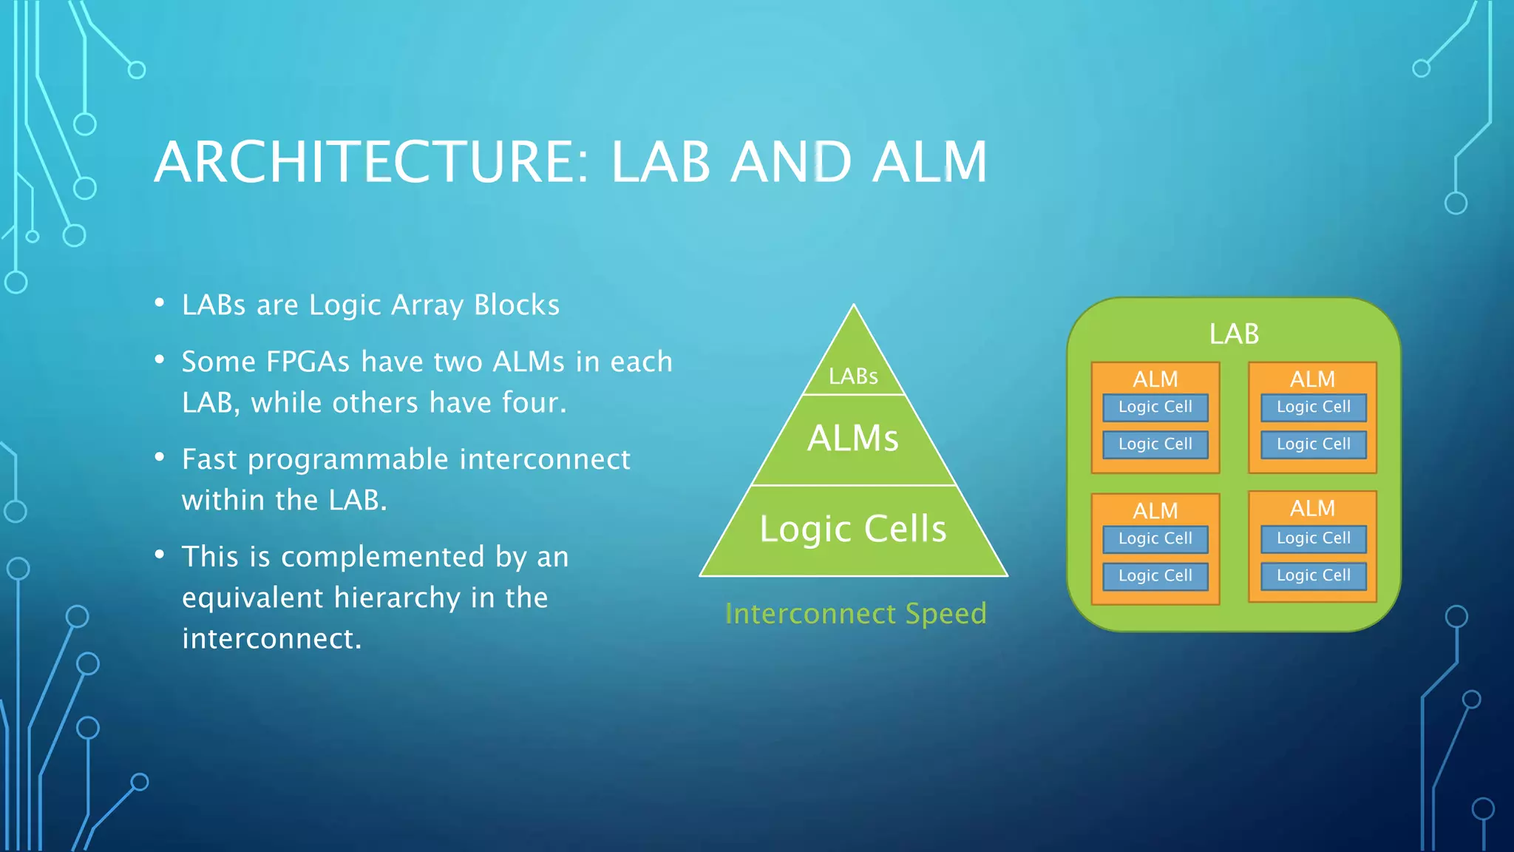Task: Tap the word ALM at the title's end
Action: (x=929, y=162)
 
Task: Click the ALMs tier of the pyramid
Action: (x=853, y=439)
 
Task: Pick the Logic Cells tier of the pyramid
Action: (x=853, y=530)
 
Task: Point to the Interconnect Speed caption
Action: (x=855, y=614)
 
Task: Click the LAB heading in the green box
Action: (x=1234, y=334)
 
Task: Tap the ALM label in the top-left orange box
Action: (x=1155, y=379)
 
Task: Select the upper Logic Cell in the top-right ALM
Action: (x=1313, y=407)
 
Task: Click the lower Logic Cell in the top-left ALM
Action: (x=1155, y=444)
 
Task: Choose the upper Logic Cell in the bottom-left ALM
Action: (x=1155, y=538)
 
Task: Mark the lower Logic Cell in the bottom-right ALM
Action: (x=1313, y=575)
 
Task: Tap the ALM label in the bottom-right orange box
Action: (x=1312, y=509)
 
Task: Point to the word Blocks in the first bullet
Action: (x=517, y=305)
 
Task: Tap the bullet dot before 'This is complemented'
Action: (x=160, y=555)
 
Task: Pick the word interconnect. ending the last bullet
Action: (x=271, y=639)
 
